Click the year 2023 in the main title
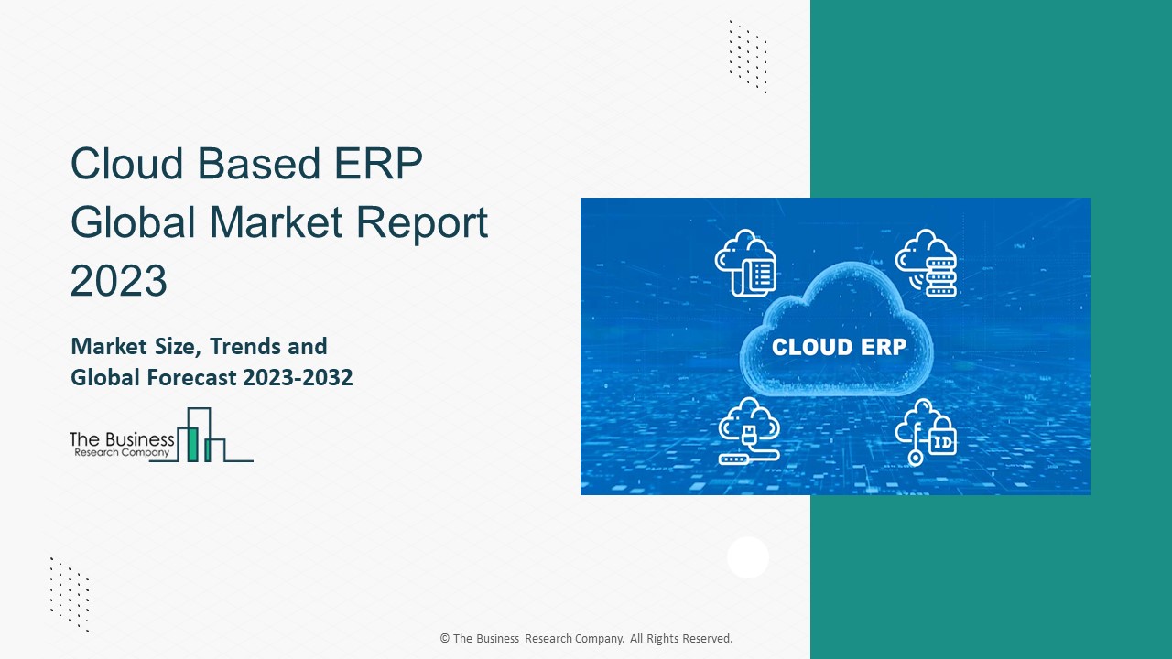tap(119, 281)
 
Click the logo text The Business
tap(121, 439)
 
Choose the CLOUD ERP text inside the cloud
tap(839, 348)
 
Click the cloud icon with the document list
tap(746, 263)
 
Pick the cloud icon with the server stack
tap(926, 263)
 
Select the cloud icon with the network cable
tap(748, 431)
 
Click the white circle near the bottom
tap(748, 557)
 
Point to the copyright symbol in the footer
tap(445, 639)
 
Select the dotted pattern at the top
tap(748, 56)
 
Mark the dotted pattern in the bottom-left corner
tap(70, 593)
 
